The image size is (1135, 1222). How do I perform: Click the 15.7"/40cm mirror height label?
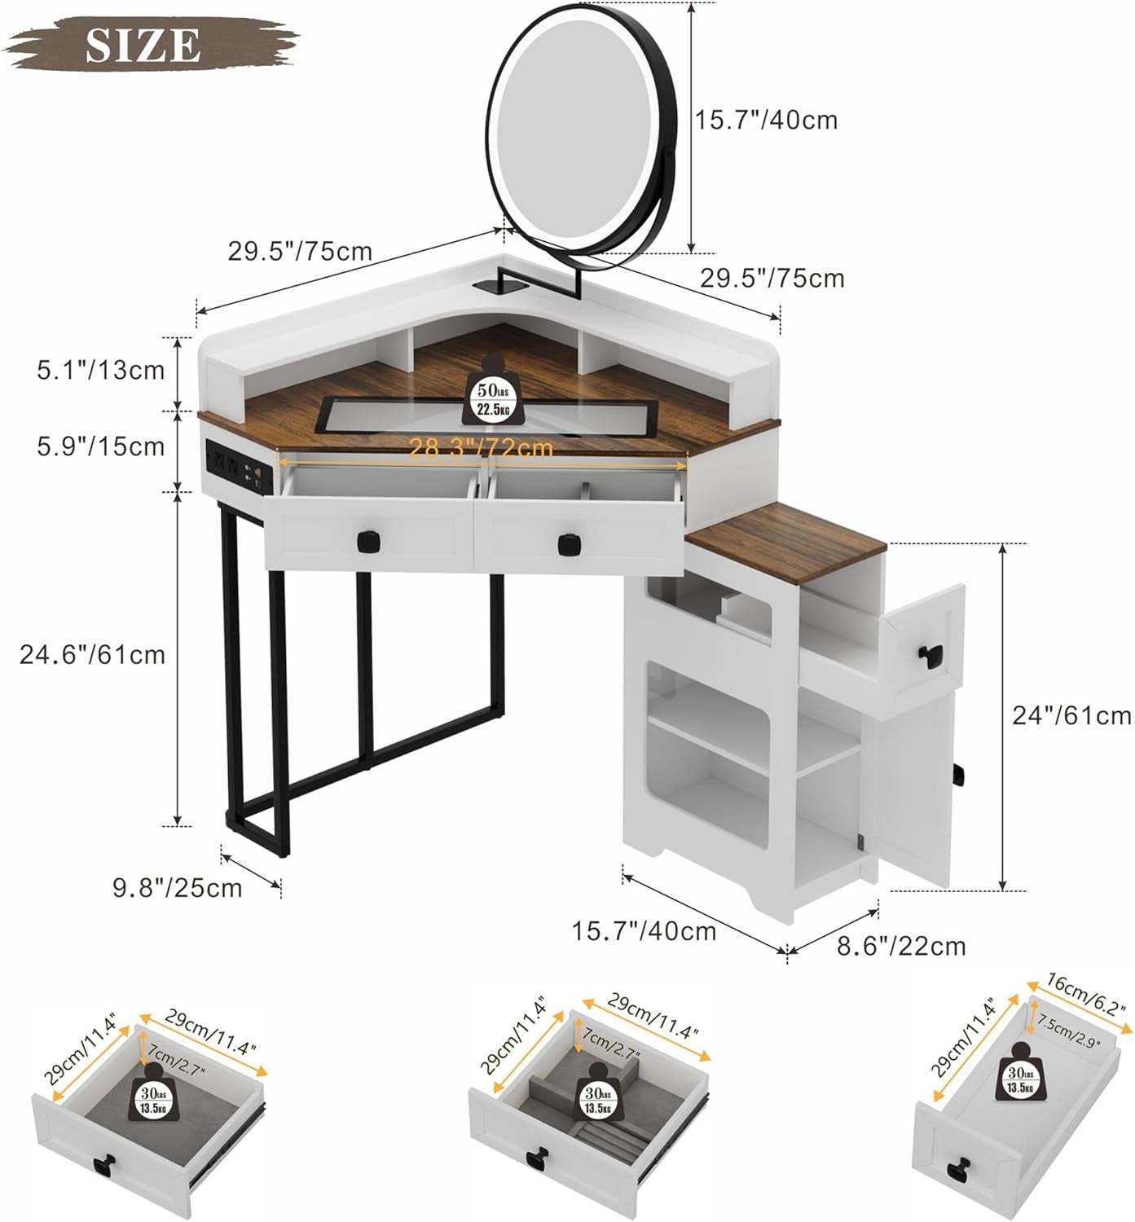click(766, 121)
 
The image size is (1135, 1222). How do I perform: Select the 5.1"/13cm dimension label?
click(101, 371)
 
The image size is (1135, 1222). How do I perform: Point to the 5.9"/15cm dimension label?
click(101, 446)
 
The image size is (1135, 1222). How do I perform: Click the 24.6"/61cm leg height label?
click(93, 654)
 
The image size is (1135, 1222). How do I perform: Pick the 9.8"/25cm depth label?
click(178, 886)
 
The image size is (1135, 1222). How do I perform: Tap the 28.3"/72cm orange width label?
click(481, 448)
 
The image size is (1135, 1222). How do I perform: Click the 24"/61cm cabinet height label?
click(1071, 715)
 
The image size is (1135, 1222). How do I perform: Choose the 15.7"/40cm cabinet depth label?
click(644, 930)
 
